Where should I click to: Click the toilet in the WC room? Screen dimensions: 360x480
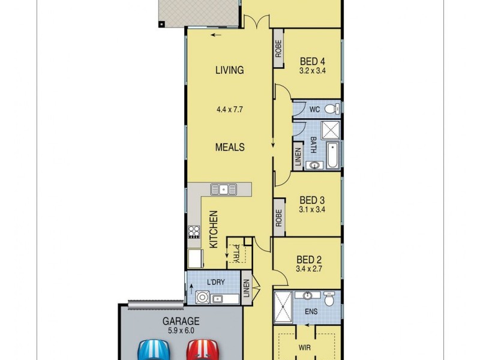[335, 109]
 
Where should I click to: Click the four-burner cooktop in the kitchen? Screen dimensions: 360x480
[194, 232]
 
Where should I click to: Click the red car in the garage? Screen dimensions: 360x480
[201, 349]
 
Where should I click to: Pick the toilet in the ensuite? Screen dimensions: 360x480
[329, 298]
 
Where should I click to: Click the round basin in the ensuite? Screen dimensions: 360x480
[307, 296]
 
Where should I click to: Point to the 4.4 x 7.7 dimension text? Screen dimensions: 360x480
[230, 110]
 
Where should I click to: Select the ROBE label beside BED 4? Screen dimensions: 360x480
[278, 49]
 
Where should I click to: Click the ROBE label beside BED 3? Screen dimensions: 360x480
[278, 218]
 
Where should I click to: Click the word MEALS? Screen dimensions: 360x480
[230, 147]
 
